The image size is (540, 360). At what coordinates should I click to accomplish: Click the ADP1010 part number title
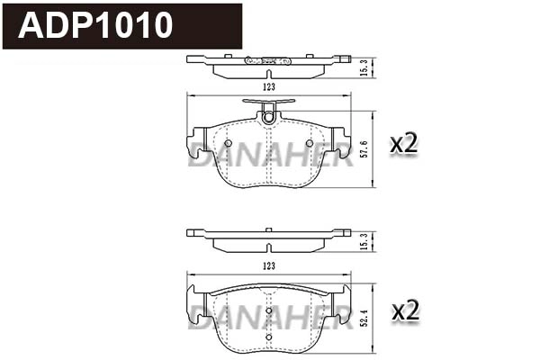95,25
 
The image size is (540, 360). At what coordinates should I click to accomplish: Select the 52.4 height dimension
364,319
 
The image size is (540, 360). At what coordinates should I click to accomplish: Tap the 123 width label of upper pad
268,87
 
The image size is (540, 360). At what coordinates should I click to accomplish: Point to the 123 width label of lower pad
268,266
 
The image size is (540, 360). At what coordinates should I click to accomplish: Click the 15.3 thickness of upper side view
365,67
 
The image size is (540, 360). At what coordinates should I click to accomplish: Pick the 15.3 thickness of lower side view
365,241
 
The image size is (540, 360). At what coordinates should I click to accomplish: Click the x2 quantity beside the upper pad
403,144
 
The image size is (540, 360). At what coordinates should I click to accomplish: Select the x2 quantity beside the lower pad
405,310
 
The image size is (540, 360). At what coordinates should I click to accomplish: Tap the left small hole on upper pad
228,143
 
